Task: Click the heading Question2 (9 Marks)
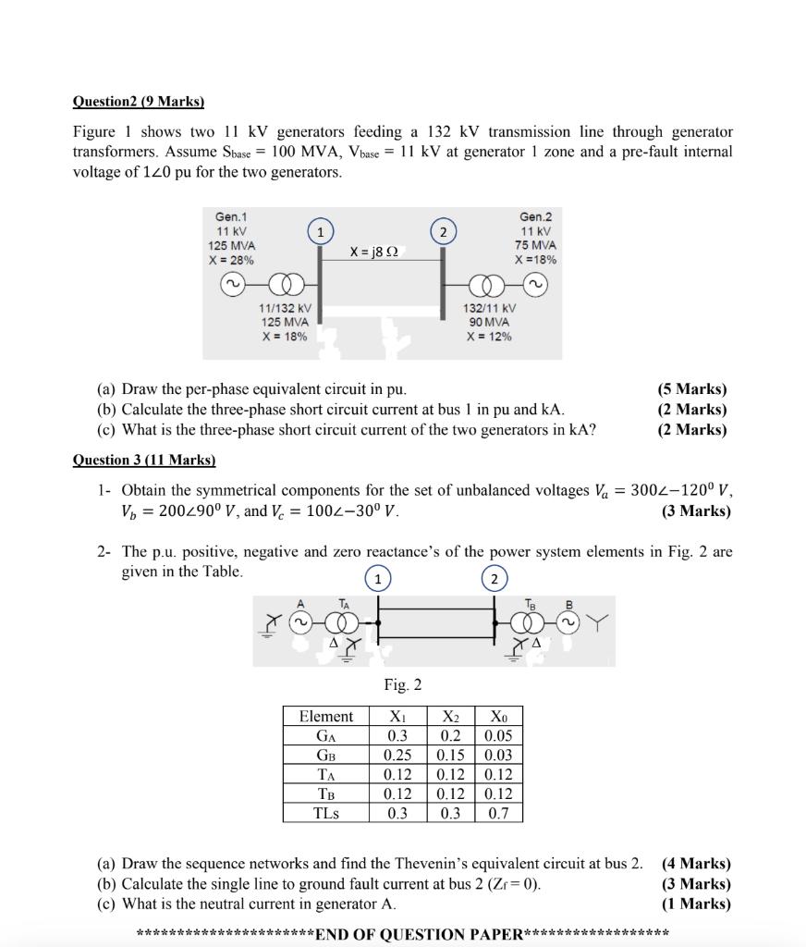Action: coord(138,102)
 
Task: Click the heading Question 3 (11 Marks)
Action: coord(143,460)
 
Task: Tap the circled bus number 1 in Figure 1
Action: coord(320,231)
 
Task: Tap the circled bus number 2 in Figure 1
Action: coord(443,231)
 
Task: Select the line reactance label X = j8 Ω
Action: coord(374,252)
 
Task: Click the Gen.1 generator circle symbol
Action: coord(232,285)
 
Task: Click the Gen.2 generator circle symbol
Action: coord(534,285)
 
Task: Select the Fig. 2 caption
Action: coord(403,685)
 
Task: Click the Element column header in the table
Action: coord(325,717)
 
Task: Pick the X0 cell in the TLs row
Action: coord(499,813)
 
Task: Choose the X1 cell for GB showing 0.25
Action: coord(397,755)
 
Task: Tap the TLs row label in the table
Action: coord(325,813)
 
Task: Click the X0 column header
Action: coord(499,717)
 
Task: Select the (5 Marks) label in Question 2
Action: coord(692,389)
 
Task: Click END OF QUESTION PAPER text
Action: coord(420,933)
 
